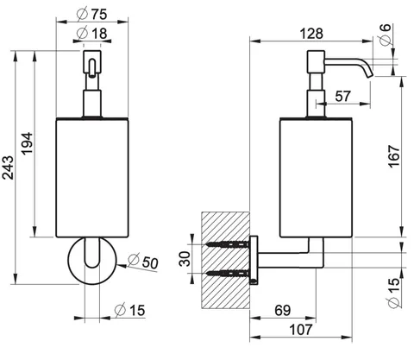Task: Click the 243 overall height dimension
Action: (x=8, y=167)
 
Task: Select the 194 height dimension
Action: (x=28, y=143)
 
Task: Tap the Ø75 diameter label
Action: (x=92, y=14)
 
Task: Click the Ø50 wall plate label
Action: (x=143, y=262)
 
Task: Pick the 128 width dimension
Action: (x=311, y=34)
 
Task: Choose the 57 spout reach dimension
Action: (x=342, y=96)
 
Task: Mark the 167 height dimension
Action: (x=394, y=156)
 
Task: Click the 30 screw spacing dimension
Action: (x=185, y=259)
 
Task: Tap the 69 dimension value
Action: (x=283, y=311)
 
